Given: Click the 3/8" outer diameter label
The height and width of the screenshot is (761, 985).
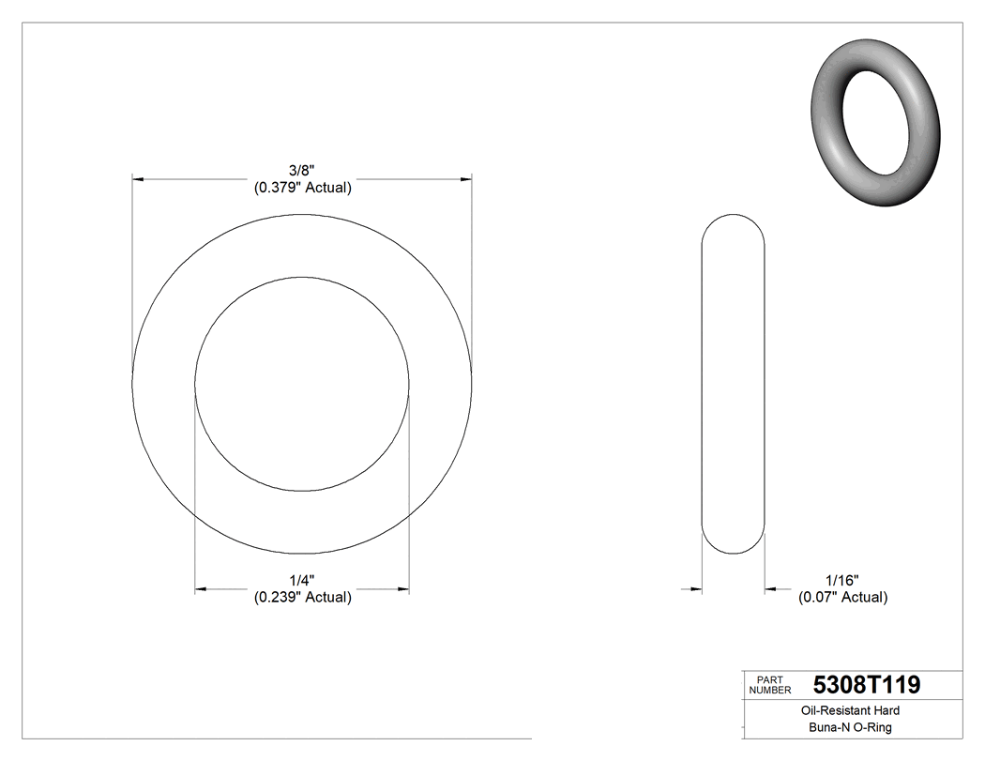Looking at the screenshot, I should tap(302, 170).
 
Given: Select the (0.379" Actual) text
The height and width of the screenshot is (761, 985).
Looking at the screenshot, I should tap(302, 188).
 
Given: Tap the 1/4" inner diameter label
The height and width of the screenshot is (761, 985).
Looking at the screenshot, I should tap(302, 580).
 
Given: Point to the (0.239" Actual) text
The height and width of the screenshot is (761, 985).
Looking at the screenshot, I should tap(302, 598).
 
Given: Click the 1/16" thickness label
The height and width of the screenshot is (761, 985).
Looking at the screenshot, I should tap(841, 580).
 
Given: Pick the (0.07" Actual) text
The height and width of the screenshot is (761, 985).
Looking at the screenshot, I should tap(841, 597).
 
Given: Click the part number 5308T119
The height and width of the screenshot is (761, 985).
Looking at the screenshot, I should tap(866, 685).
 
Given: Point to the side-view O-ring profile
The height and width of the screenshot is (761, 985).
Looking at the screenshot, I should tap(734, 386).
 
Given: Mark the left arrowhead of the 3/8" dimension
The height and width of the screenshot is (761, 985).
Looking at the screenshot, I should tap(138, 178).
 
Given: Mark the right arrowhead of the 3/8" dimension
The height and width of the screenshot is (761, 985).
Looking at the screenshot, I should tap(465, 178).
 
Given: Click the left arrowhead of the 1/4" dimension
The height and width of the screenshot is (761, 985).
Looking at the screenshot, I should tap(201, 589).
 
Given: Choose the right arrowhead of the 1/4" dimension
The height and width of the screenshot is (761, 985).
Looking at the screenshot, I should tap(403, 589).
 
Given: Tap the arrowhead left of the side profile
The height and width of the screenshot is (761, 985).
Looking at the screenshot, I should tap(696, 589).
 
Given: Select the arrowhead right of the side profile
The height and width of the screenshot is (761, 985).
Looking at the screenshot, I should tap(771, 589).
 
